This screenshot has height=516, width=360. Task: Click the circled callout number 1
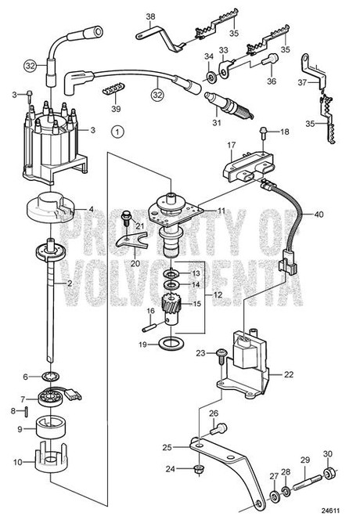[x=117, y=132]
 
